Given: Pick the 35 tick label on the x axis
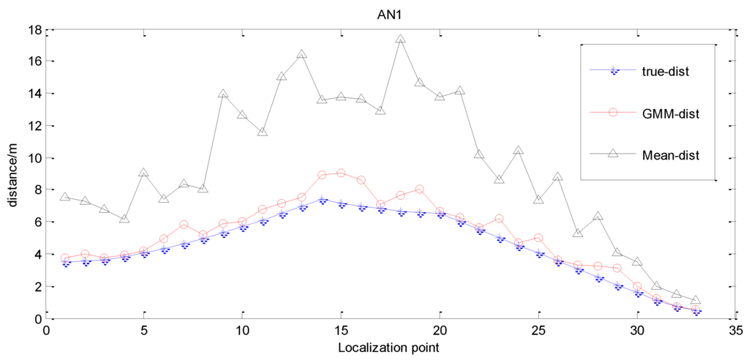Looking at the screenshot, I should [x=734, y=330].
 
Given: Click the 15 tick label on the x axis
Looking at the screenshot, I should [x=341, y=330].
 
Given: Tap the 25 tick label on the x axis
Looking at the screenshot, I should [x=538, y=330].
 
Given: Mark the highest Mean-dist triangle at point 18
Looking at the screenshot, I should [x=400, y=40].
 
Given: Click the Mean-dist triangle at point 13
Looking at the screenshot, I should [x=301, y=55].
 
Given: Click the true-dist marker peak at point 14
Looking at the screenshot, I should [x=322, y=200].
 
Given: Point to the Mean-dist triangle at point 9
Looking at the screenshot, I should [x=223, y=94].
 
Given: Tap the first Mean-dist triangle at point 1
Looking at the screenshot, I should [x=65, y=198].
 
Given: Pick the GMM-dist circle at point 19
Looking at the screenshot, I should [x=420, y=189].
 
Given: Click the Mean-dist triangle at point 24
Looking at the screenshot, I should [x=518, y=151].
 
